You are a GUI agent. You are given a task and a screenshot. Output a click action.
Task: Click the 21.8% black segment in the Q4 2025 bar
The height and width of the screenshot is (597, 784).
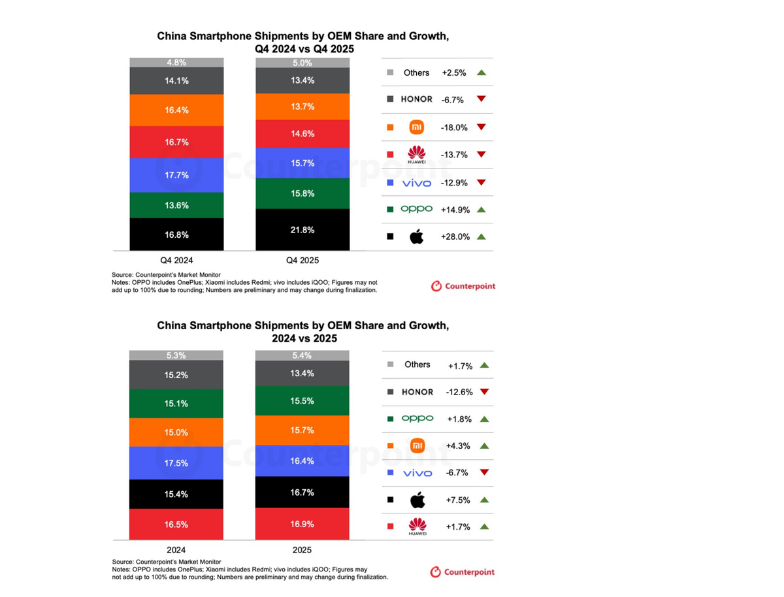click(x=302, y=230)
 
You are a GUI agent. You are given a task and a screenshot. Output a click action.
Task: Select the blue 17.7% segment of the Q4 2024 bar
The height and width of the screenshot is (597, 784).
click(x=176, y=175)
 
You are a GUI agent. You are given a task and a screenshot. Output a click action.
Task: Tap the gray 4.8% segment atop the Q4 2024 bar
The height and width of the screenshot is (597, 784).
click(x=176, y=63)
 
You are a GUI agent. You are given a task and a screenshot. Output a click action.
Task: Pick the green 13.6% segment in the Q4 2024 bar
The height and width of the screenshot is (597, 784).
click(x=176, y=205)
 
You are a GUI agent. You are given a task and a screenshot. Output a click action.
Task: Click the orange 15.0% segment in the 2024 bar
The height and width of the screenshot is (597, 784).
click(x=176, y=432)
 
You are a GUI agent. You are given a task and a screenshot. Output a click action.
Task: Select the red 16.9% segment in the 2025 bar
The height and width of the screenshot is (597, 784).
click(x=302, y=524)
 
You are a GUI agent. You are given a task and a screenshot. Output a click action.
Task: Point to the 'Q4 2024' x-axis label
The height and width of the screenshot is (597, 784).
click(x=176, y=260)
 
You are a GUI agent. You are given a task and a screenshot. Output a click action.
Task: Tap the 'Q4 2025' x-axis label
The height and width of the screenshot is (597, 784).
click(x=302, y=260)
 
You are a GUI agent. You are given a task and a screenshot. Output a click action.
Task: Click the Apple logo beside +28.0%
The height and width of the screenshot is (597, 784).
click(x=416, y=236)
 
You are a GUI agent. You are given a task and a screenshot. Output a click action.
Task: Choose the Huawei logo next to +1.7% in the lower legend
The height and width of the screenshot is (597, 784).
click(x=417, y=526)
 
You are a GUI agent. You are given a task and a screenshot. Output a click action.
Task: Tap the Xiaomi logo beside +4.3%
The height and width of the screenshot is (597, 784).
click(x=417, y=446)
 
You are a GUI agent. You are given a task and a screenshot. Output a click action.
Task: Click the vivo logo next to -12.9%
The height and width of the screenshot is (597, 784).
click(x=416, y=183)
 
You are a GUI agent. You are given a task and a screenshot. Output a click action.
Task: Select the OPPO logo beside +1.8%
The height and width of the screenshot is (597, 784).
click(x=417, y=419)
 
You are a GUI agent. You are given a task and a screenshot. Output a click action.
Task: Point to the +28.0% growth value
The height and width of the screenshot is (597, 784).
click(x=455, y=237)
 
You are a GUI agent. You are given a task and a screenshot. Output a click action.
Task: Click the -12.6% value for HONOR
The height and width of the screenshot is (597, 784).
click(x=459, y=392)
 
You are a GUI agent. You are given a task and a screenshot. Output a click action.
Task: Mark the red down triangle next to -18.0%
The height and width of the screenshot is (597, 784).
click(x=482, y=127)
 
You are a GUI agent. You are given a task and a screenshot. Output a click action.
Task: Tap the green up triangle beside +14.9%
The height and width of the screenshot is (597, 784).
click(x=482, y=210)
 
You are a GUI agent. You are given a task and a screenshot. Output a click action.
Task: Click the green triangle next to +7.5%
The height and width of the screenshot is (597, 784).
click(x=484, y=500)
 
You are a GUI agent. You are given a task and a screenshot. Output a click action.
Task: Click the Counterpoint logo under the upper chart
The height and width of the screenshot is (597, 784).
click(x=463, y=286)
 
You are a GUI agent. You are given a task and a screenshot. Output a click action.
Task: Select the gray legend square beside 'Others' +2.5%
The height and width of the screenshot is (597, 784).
click(x=390, y=73)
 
